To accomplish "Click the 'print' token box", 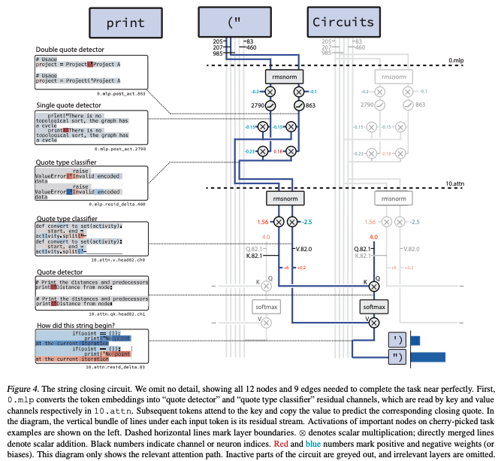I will point(125,22).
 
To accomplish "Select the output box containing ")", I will point(398,356).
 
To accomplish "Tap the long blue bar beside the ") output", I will point(428,356).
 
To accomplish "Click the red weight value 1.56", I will point(264,222).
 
